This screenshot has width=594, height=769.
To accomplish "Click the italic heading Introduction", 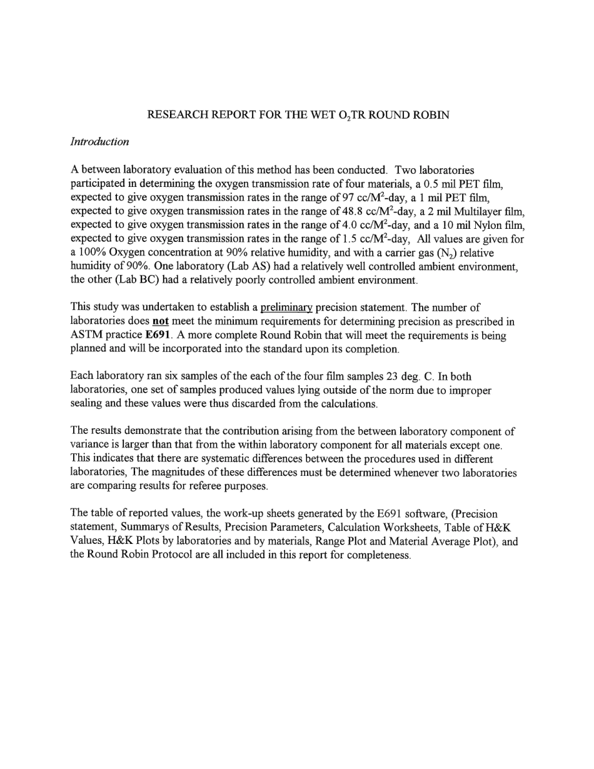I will click(x=99, y=142).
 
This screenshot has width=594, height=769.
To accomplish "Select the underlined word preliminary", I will click(x=286, y=308).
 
